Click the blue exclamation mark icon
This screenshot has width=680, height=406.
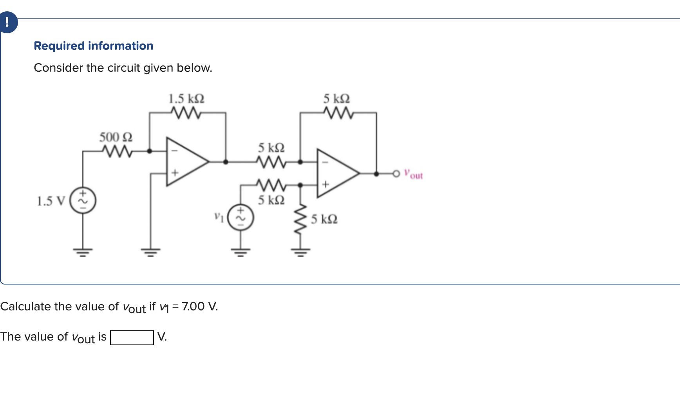(x=7, y=22)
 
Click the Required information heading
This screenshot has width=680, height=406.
(x=93, y=46)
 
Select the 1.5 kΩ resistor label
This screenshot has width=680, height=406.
(x=186, y=99)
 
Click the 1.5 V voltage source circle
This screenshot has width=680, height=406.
(x=83, y=201)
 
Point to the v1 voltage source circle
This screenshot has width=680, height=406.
(x=241, y=217)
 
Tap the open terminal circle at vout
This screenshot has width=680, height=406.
(x=396, y=173)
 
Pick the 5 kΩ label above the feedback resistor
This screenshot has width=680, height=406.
(x=336, y=99)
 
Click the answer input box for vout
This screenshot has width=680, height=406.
(x=132, y=337)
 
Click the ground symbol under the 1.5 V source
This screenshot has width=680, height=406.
(x=83, y=251)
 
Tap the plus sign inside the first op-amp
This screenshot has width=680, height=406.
(x=175, y=172)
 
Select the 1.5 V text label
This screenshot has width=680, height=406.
(x=51, y=201)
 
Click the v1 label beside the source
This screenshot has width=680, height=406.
(x=219, y=217)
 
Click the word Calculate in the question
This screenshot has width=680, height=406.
(x=26, y=306)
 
